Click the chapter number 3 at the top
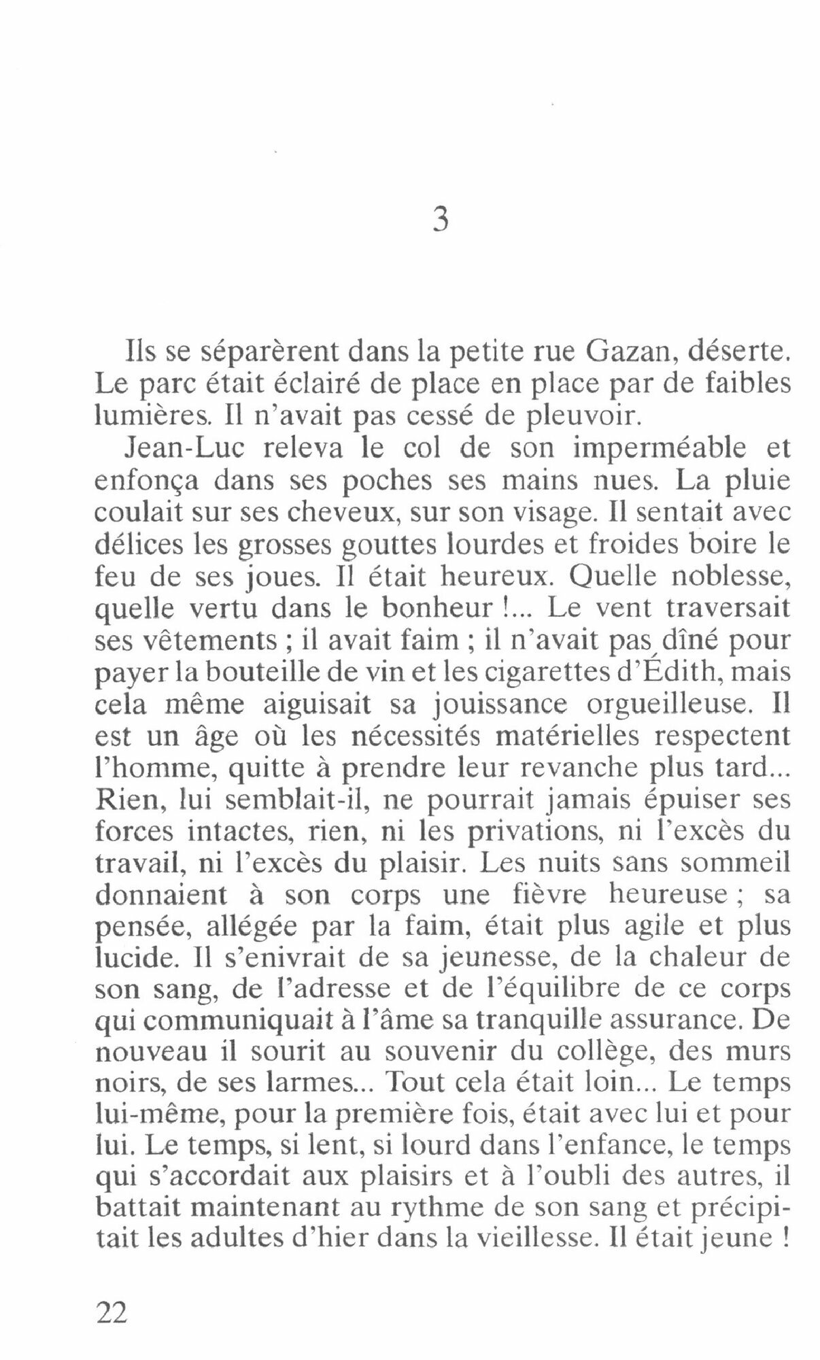441,221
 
